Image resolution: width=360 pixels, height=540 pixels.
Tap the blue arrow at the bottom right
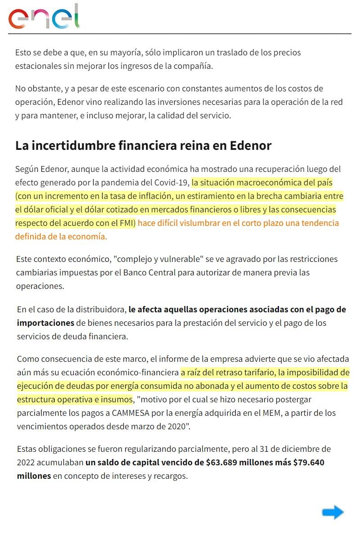[x=333, y=512]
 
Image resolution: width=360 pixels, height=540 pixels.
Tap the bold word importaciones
[x=45, y=323]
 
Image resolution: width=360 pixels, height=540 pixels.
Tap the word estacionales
[x=40, y=66]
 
